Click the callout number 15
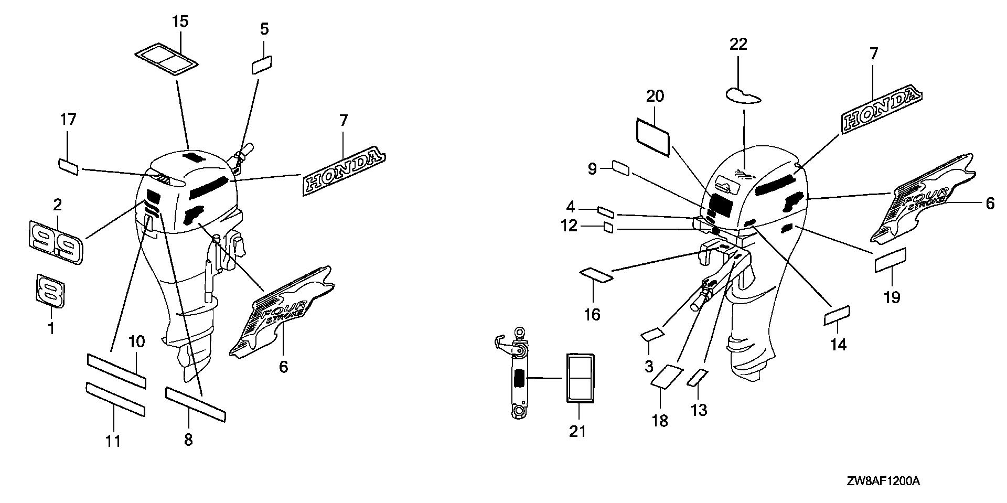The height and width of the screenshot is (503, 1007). (180, 22)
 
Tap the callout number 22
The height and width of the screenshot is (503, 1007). (738, 44)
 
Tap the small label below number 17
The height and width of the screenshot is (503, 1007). (68, 167)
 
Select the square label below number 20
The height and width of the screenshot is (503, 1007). (653, 136)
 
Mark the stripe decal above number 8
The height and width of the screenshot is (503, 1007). (195, 404)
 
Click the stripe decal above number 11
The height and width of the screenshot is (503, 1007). (115, 399)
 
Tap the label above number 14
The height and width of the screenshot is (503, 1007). (838, 316)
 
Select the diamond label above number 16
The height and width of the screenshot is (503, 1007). (596, 275)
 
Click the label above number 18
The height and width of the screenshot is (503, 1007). (667, 376)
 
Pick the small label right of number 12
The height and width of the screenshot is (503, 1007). (608, 227)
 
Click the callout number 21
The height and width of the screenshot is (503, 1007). (577, 431)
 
